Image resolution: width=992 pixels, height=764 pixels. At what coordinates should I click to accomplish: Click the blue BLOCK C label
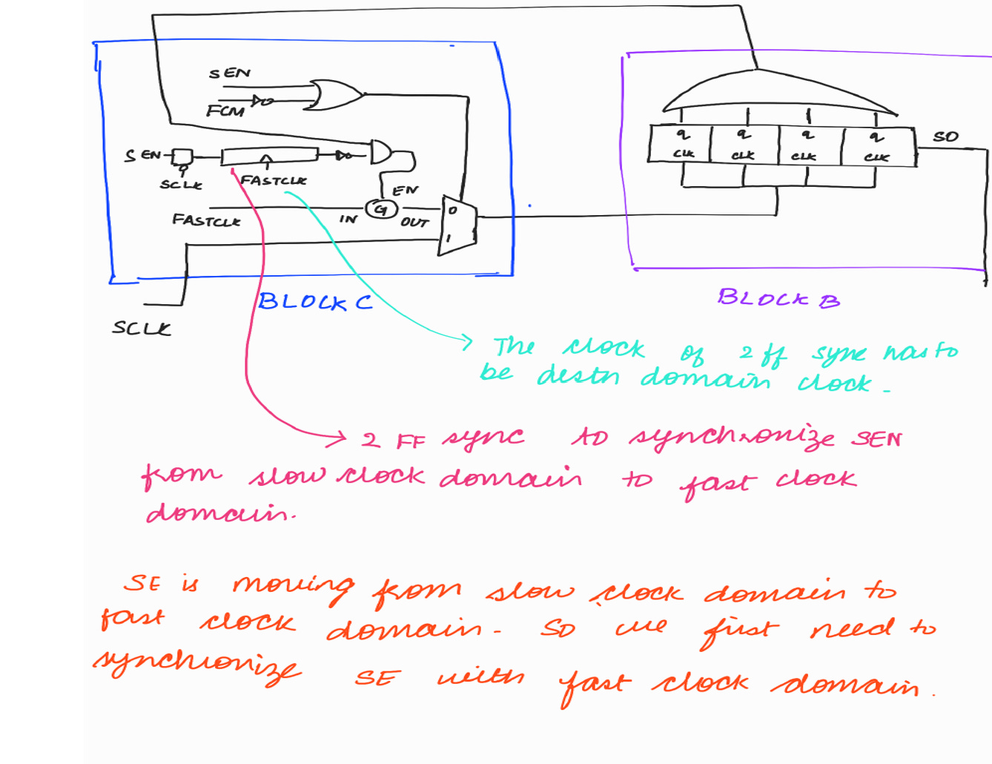pyautogui.click(x=315, y=302)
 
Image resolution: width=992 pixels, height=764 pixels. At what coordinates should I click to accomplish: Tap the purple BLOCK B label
pyautogui.click(x=778, y=299)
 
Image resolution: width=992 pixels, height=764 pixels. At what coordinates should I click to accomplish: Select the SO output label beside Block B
pyautogui.click(x=945, y=136)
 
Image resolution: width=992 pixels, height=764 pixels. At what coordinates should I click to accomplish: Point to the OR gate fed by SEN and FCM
pyautogui.click(x=334, y=95)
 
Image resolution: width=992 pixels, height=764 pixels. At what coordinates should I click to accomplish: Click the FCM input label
pyautogui.click(x=225, y=111)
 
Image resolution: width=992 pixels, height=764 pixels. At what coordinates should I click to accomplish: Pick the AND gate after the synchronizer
pyautogui.click(x=381, y=152)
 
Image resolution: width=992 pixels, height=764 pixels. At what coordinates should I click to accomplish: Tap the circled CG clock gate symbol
pyautogui.click(x=380, y=209)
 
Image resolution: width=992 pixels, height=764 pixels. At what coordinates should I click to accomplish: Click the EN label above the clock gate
pyautogui.click(x=405, y=191)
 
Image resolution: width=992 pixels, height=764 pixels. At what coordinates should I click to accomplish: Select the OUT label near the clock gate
pyautogui.click(x=414, y=222)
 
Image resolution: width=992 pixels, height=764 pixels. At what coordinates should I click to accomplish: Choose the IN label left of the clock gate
pyautogui.click(x=348, y=219)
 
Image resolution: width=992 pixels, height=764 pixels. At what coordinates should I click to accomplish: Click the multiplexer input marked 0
pyautogui.click(x=452, y=211)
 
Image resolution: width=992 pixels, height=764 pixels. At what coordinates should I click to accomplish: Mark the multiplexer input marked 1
pyautogui.click(x=449, y=239)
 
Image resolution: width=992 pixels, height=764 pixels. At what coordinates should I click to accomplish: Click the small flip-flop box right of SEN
pyautogui.click(x=182, y=157)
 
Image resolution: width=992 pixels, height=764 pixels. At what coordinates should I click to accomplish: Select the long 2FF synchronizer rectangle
pyautogui.click(x=269, y=156)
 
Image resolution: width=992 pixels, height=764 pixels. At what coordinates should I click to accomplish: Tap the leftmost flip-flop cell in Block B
pyautogui.click(x=680, y=144)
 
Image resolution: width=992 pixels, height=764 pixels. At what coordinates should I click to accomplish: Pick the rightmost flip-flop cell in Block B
pyautogui.click(x=878, y=146)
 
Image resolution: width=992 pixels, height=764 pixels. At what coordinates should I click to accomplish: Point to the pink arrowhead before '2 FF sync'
pyautogui.click(x=340, y=438)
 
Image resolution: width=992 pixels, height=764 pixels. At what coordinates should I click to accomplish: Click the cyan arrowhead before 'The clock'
pyautogui.click(x=466, y=342)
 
